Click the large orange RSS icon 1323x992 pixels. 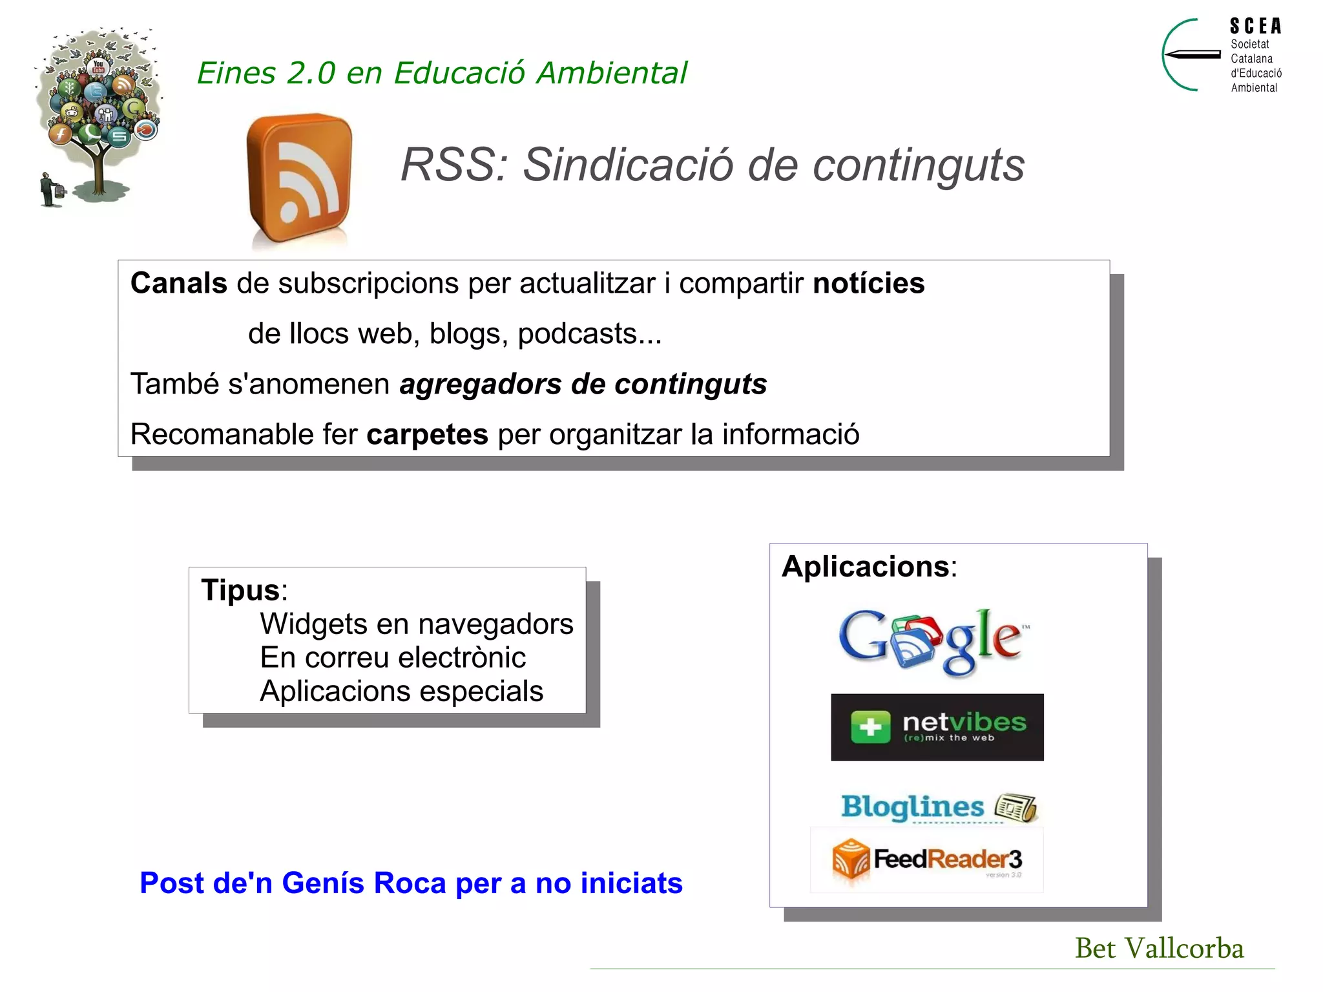click(299, 178)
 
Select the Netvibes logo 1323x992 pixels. click(937, 727)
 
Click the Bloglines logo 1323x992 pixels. click(938, 808)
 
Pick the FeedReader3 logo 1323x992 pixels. click(928, 860)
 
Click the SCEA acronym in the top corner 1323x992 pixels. click(1255, 26)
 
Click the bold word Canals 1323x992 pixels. click(179, 283)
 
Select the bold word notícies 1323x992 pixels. click(868, 283)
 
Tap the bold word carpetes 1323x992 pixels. click(427, 434)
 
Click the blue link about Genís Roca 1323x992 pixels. click(411, 883)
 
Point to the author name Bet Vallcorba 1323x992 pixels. click(1159, 948)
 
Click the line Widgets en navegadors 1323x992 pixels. click(416, 624)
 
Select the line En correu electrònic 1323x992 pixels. click(393, 657)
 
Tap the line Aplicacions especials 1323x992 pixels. click(401, 691)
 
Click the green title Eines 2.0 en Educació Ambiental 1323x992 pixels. click(442, 72)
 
